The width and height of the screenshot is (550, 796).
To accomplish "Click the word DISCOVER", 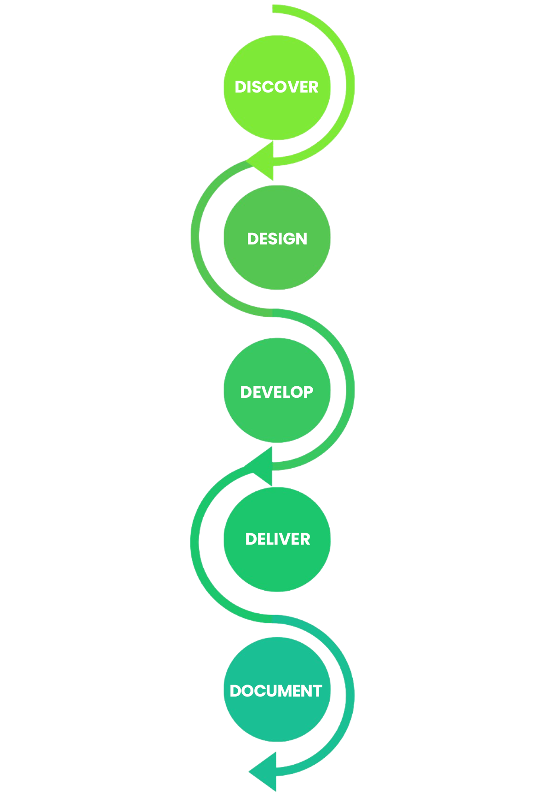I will point(276,87).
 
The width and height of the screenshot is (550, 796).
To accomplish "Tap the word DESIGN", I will point(277,239).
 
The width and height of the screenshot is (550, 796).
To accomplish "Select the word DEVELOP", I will point(276,392).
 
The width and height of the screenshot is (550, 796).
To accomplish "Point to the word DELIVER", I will point(278,539).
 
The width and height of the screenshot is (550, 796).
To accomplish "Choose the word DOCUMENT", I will point(276,691).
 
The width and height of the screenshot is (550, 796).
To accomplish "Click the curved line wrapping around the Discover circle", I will point(350,86).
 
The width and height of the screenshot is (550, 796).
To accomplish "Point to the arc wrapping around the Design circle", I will point(195,237).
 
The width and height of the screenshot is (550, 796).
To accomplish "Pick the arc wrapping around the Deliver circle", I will point(195,542).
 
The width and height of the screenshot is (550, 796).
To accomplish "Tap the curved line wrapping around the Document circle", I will point(350,695).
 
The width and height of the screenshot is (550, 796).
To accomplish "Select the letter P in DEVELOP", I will point(308,392).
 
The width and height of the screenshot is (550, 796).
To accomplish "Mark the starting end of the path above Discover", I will point(274,9).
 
